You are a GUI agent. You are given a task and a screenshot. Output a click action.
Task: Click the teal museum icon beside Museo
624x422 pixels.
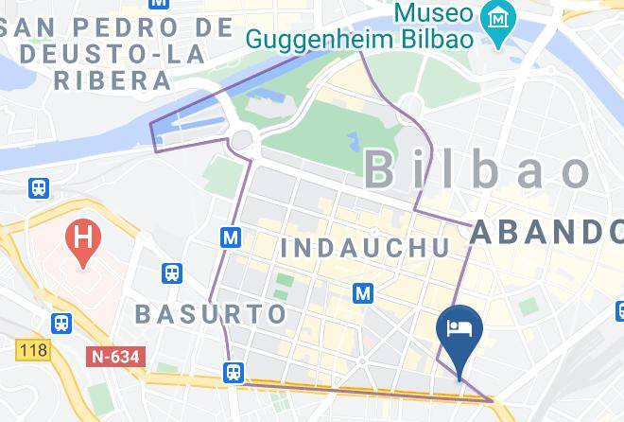click(494, 15)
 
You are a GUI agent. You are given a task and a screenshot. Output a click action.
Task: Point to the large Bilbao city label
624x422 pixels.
click(477, 170)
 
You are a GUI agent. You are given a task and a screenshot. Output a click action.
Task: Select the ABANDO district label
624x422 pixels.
click(546, 231)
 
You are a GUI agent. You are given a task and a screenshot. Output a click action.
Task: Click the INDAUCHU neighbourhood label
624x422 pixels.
click(366, 248)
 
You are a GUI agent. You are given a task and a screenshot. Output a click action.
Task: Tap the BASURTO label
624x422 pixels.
click(211, 313)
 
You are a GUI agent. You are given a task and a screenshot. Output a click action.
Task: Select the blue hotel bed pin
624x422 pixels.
click(459, 331)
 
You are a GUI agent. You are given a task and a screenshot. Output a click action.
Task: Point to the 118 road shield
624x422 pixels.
click(33, 350)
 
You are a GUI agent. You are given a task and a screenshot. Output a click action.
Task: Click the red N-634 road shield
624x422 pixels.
click(112, 358)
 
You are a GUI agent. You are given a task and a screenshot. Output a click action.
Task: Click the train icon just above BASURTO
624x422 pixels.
click(172, 273)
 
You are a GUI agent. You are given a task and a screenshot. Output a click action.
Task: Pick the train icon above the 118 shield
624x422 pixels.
click(61, 323)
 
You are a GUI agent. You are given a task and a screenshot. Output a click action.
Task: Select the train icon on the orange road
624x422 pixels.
click(234, 373)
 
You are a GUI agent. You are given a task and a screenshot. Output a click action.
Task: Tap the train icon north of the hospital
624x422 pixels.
click(39, 188)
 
